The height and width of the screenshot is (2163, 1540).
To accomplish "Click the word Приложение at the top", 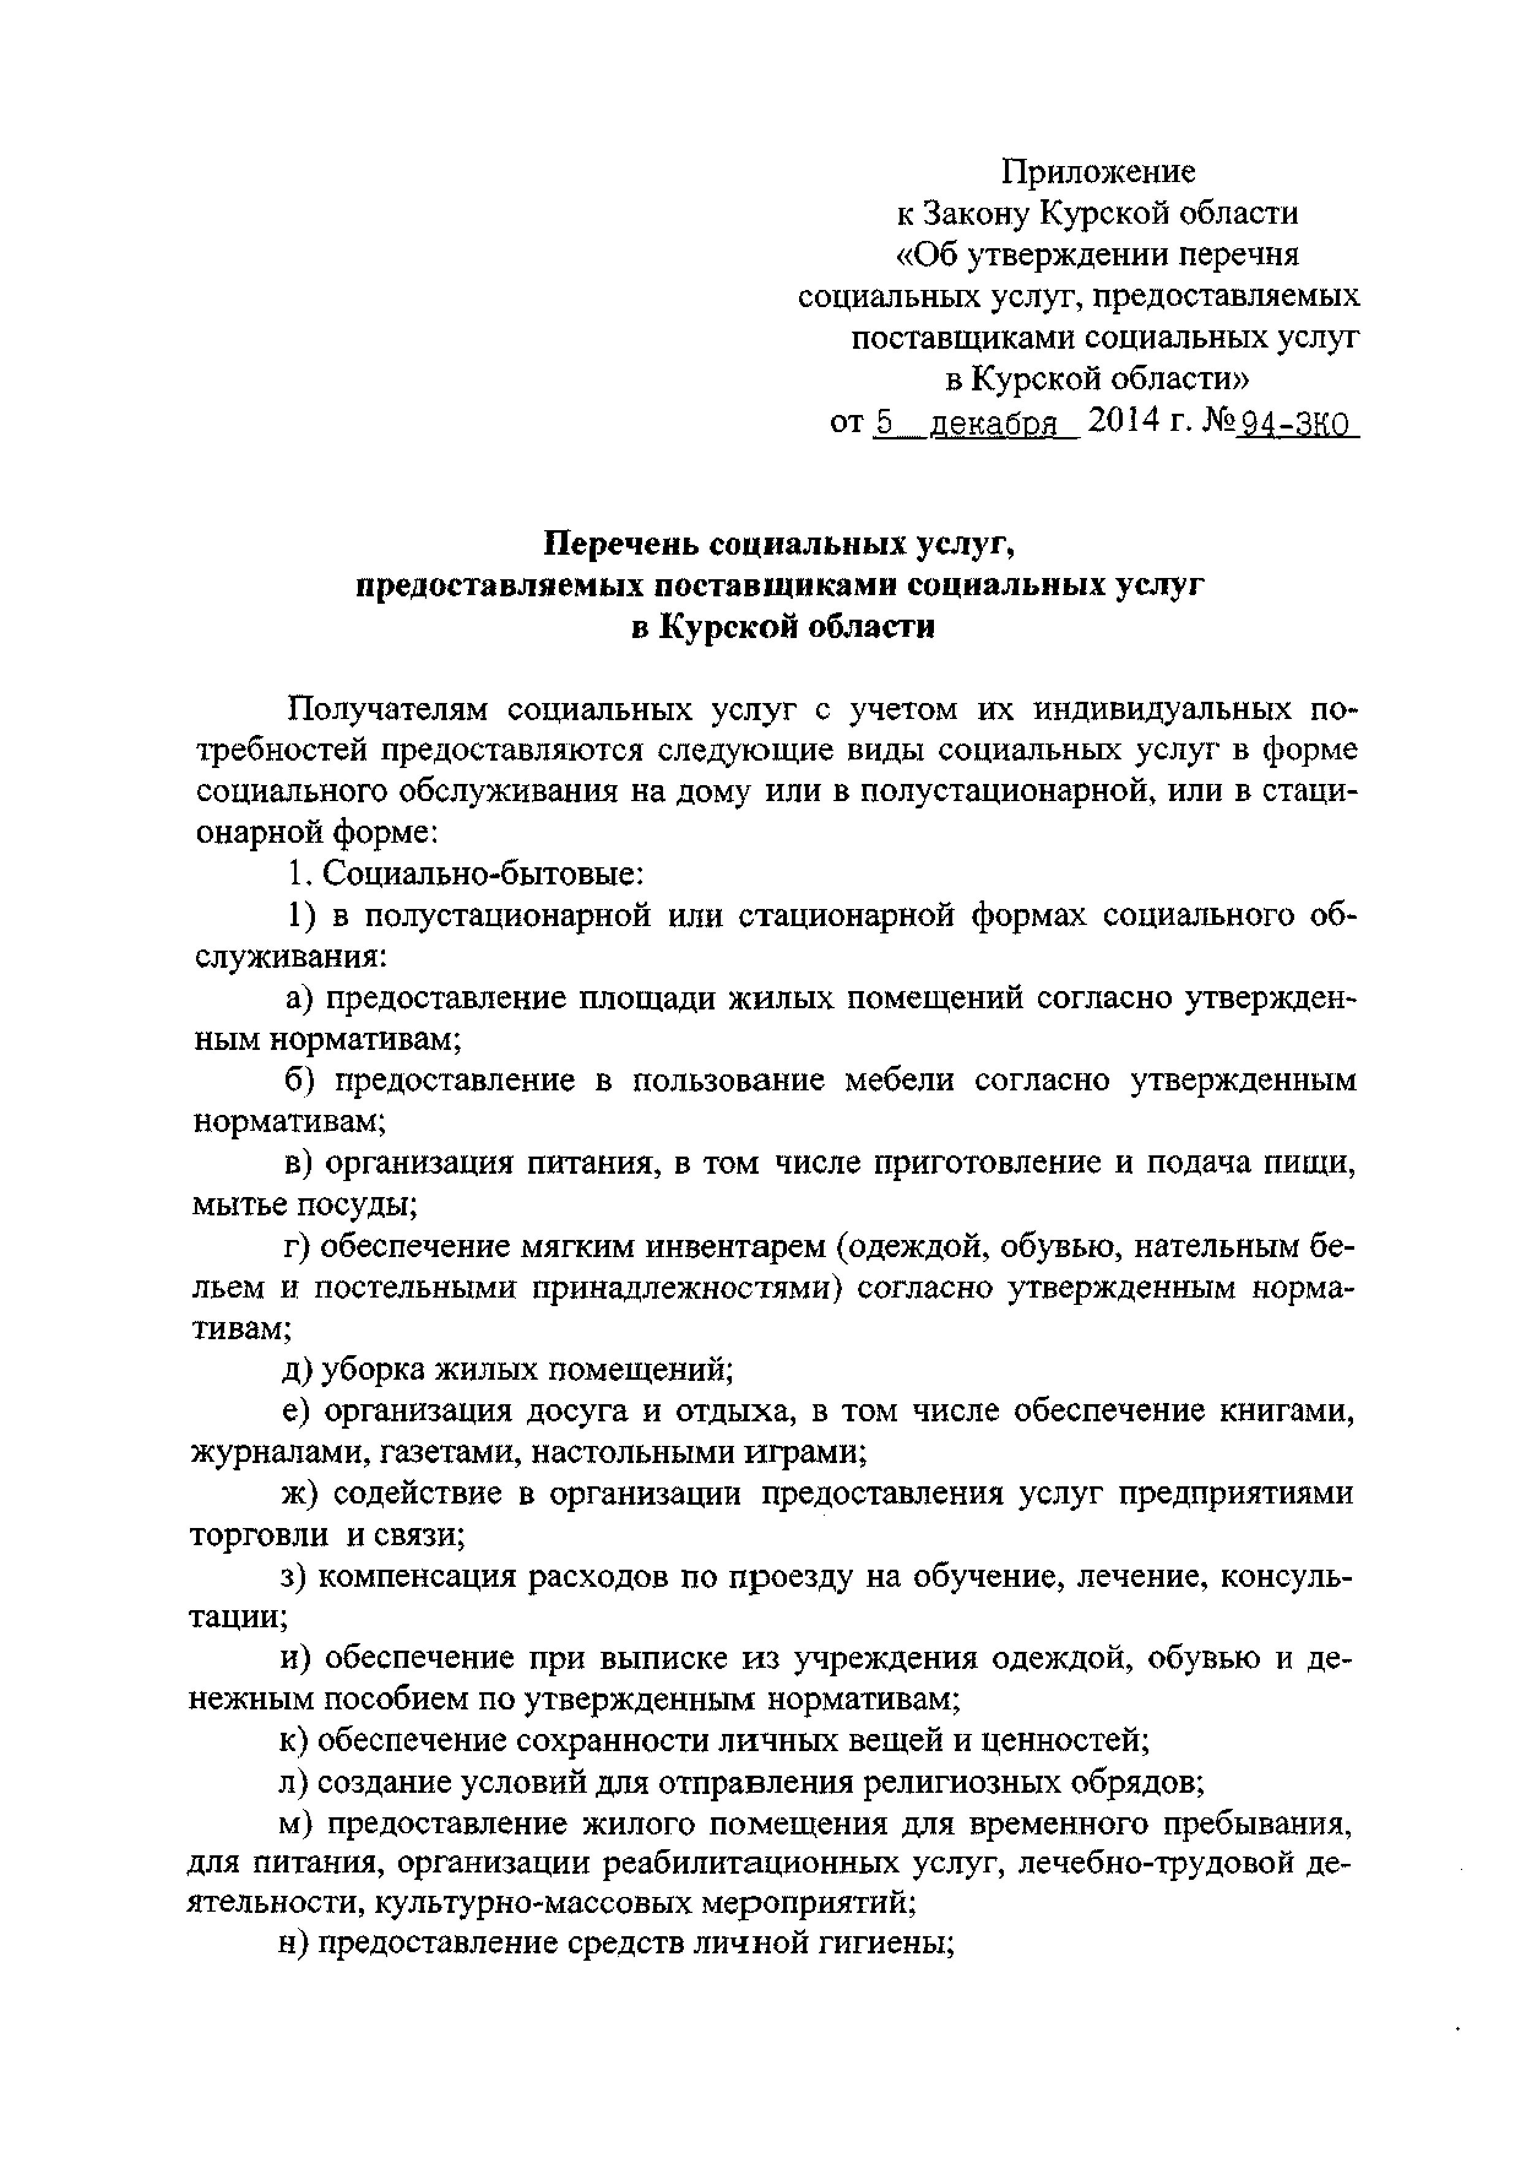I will pyautogui.click(x=1099, y=172).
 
